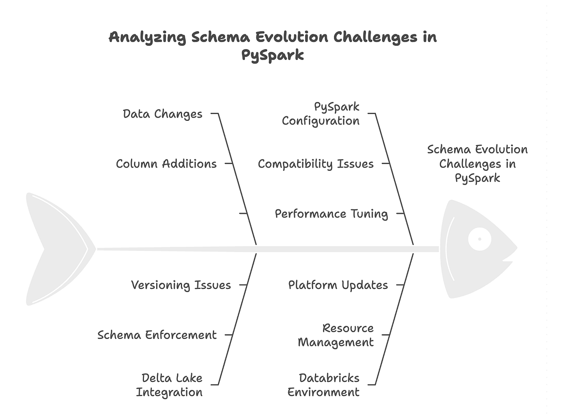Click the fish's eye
click(479, 239)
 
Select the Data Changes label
click(162, 114)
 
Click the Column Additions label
click(166, 164)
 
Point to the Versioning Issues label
click(181, 285)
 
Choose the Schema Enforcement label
click(157, 335)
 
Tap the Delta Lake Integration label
click(169, 385)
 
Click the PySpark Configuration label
click(321, 113)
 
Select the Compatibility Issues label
click(316, 164)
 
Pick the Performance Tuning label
click(331, 214)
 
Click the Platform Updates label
click(338, 285)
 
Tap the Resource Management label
click(336, 335)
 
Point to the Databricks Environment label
click(324, 385)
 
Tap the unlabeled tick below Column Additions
click(243, 214)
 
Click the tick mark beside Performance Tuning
click(400, 214)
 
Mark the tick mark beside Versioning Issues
click(243, 285)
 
